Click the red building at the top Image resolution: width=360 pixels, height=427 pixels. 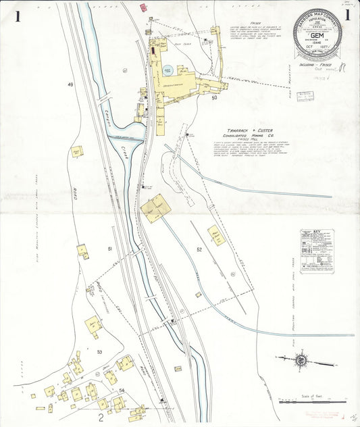pos(143,7)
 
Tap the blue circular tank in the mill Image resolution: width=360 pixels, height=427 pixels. pos(167,70)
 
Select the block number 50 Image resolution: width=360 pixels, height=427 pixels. pos(214,98)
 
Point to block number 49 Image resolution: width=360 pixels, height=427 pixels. pos(70,84)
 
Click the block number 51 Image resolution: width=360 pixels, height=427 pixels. pos(109,250)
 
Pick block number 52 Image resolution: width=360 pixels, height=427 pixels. pos(199,250)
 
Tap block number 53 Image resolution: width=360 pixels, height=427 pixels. pos(99,352)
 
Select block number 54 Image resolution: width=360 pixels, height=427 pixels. pos(122,391)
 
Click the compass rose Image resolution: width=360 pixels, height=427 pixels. pos(299,360)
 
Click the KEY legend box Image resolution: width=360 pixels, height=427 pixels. pos(317,252)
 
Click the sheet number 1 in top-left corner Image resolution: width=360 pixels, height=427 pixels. pos(9,16)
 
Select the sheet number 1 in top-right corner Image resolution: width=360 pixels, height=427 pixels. pos(348,16)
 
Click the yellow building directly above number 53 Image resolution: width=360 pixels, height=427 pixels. pos(93,326)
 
